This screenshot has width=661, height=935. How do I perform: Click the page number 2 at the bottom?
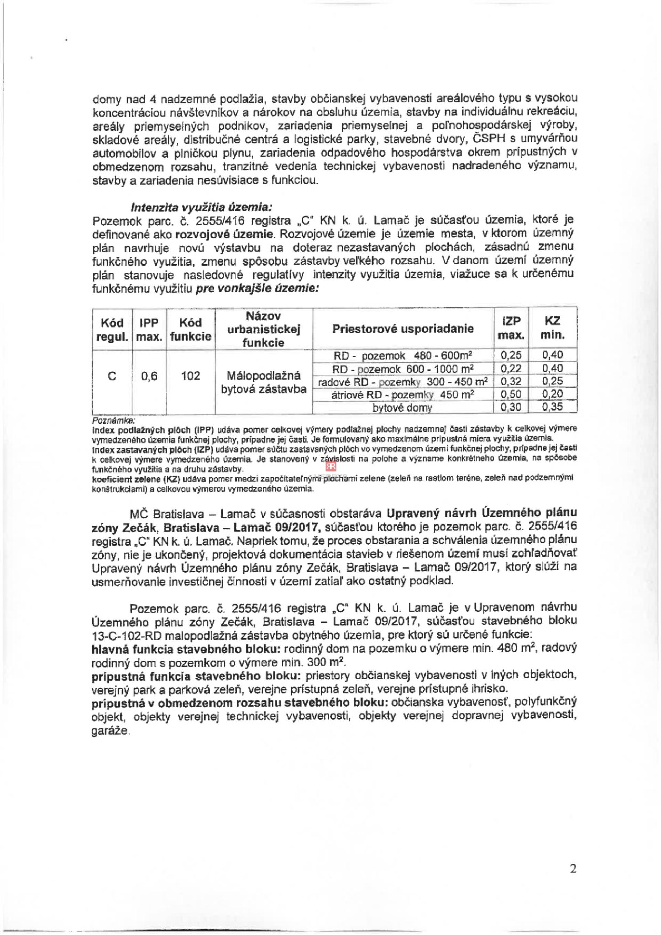(x=573, y=881)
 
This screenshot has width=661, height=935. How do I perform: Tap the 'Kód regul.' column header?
(x=112, y=330)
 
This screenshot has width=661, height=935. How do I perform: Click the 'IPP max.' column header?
(x=149, y=330)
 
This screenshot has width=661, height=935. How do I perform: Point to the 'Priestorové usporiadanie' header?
(x=403, y=329)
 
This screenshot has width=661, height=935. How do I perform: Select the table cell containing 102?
(x=190, y=375)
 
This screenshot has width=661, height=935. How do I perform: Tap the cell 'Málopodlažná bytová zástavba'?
(x=263, y=382)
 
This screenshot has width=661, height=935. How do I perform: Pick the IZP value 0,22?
(x=511, y=368)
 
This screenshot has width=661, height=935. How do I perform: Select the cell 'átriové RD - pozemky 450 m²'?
(x=402, y=395)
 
